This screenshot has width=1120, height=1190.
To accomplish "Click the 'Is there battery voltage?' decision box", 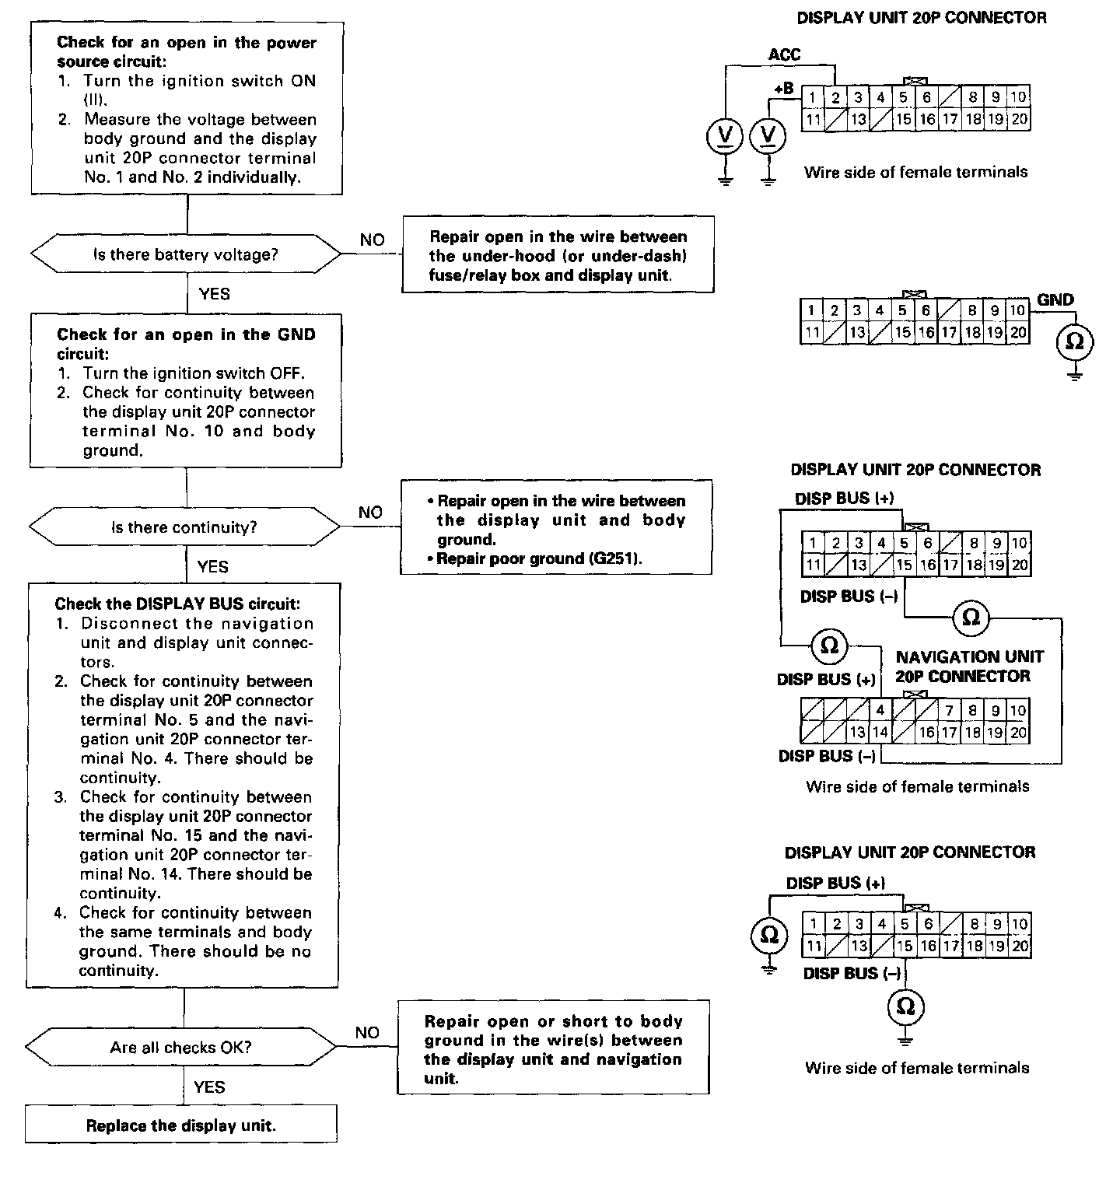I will pos(185,254).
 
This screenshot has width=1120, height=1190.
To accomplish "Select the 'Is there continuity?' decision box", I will pos(184,527).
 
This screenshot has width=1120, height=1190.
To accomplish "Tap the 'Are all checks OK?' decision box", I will pos(181,1047).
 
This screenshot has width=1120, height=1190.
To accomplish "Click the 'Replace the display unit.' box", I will pos(180,1125).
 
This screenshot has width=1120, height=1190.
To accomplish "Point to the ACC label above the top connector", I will pos(784,54).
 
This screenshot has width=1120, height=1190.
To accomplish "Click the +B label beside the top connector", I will pos(783,89).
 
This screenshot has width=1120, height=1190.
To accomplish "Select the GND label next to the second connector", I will pos(1055,300).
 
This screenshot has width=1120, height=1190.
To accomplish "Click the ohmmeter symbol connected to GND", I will pos(1074,342).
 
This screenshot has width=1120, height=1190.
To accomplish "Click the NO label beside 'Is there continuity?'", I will pos(370,513).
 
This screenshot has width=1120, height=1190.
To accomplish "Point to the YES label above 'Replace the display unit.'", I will pos(209,1087).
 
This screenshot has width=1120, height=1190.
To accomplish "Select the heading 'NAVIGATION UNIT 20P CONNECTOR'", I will pos(968,667).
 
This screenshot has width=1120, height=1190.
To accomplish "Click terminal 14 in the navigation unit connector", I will pos(880,732).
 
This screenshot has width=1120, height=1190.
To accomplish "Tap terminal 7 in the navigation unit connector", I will pos(950,710).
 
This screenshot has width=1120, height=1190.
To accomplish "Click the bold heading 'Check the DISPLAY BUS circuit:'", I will pos(177,604).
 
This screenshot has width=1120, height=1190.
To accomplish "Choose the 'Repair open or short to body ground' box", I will pos(553,1048).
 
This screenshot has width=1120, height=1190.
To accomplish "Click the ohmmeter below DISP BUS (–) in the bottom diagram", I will pos(905,1007).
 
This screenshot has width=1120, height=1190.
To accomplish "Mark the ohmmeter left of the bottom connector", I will pos(768,934).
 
